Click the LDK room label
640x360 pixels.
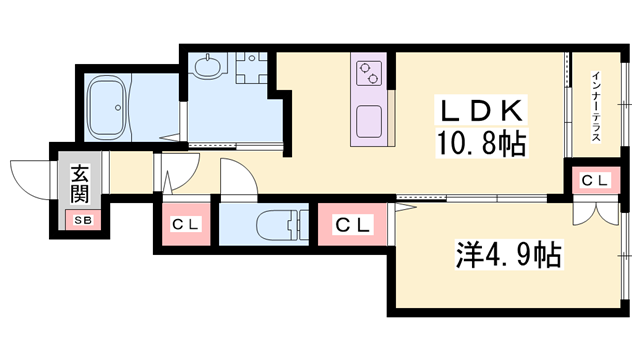(x=481, y=110)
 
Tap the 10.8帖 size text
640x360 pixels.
(x=481, y=143)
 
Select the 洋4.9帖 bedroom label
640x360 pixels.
(x=509, y=255)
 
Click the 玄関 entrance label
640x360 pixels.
(x=80, y=184)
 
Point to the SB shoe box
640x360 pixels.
(x=83, y=220)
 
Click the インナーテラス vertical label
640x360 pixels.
(x=596, y=107)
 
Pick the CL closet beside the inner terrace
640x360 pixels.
(x=596, y=180)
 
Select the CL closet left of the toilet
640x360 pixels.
(x=186, y=224)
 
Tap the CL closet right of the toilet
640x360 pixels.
(x=353, y=224)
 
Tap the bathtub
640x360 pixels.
(x=107, y=108)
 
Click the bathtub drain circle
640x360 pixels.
(x=118, y=108)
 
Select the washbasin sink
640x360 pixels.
(x=208, y=67)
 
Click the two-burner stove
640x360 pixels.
(x=369, y=73)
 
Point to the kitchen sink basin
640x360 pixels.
(x=369, y=121)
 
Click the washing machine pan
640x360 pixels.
(x=251, y=67)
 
